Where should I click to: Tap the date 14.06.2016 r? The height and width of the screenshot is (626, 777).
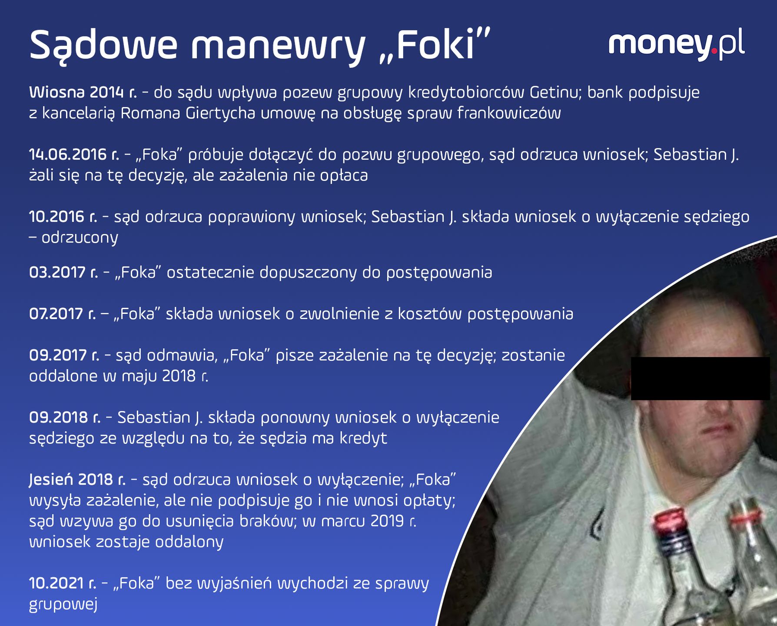pos(74,154)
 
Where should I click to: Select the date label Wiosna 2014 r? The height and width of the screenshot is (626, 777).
pos(83,92)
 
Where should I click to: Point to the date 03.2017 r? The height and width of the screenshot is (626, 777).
pos(63,272)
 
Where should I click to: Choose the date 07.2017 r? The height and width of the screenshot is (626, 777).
pos(63,313)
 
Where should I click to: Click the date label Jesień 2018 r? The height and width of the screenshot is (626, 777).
pos(77,479)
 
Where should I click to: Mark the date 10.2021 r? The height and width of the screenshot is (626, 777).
pos(63,583)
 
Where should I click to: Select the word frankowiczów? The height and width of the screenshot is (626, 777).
pos(509,113)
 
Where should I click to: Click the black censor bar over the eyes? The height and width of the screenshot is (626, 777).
pos(700,378)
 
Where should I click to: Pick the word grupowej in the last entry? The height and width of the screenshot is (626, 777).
pos(63,604)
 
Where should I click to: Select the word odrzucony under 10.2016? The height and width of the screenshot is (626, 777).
pos(80,237)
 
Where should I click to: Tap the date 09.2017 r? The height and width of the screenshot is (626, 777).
pos(64,355)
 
